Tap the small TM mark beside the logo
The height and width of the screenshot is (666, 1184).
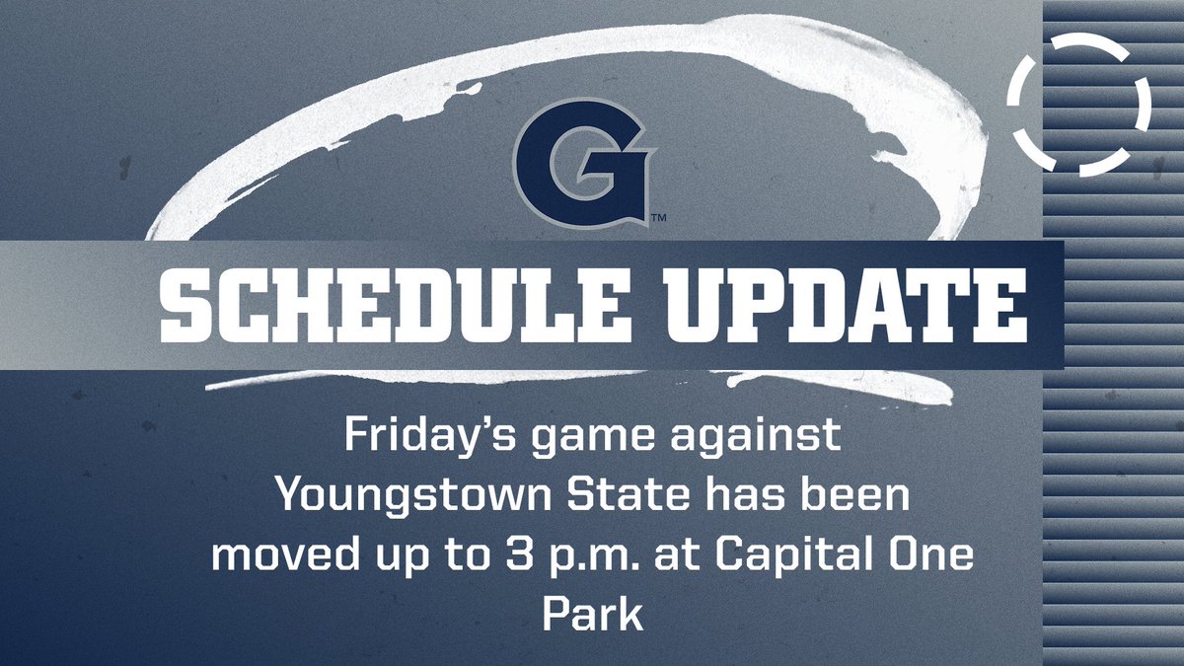pos(657,216)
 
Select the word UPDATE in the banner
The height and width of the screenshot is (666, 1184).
pos(842,302)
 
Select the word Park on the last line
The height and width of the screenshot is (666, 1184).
pos(592,612)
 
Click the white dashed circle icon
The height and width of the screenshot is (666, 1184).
pos(1079,104)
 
